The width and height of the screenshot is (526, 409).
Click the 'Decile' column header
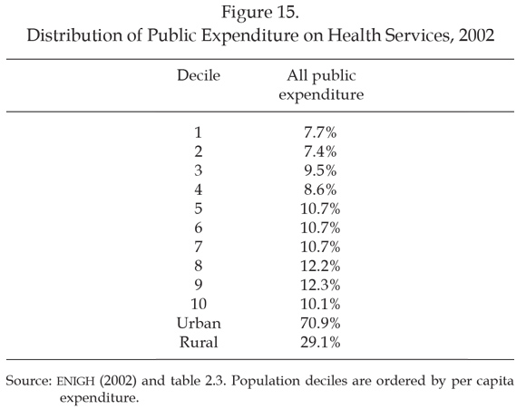click(199, 75)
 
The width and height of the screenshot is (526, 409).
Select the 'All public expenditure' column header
click(321, 85)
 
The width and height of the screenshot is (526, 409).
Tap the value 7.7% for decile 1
click(320, 132)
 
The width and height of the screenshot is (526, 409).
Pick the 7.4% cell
click(320, 151)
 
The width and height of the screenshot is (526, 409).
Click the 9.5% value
click(320, 170)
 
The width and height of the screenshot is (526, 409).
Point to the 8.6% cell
click(320, 190)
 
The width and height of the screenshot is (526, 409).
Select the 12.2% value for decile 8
click(320, 266)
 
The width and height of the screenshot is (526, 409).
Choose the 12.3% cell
click(320, 285)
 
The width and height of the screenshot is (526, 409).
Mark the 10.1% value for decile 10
click(320, 304)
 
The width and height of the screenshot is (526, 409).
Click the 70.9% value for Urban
click(320, 323)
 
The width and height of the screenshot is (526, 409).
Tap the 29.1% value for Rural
click(320, 342)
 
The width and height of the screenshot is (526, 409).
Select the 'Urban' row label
click(199, 323)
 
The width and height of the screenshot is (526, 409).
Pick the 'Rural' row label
click(199, 342)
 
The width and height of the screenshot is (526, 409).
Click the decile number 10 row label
click(199, 304)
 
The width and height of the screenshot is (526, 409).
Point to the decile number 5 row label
click(199, 209)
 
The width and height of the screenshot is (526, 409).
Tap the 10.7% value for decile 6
click(320, 228)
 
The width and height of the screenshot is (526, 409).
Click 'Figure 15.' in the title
click(260, 13)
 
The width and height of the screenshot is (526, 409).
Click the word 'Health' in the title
click(355, 34)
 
